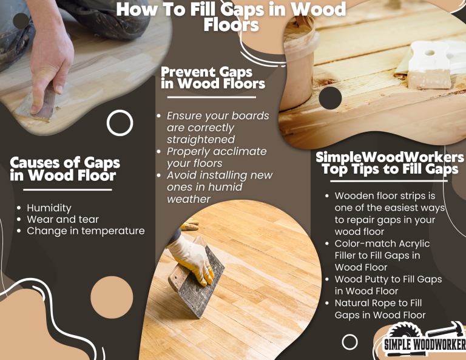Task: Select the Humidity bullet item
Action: click(x=49, y=208)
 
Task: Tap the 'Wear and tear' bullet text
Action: click(x=62, y=219)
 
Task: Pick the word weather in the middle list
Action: click(x=189, y=199)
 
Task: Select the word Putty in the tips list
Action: click(x=377, y=279)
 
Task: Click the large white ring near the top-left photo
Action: click(x=120, y=123)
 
